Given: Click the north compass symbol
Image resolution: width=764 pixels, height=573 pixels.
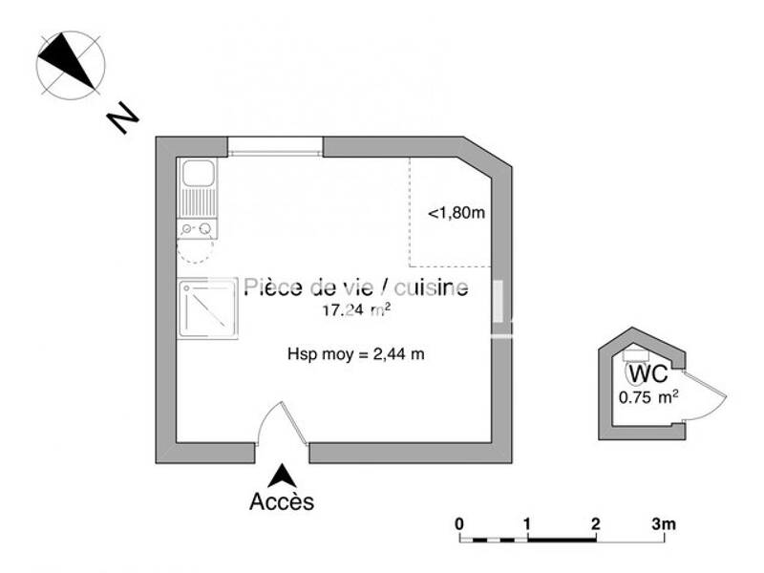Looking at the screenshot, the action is (x=71, y=65).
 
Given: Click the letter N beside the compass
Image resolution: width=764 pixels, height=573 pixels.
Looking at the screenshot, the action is (x=123, y=117).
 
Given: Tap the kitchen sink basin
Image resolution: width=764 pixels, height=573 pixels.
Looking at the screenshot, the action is (x=198, y=173).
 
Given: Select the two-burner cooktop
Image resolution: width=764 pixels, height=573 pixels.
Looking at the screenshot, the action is (x=198, y=228).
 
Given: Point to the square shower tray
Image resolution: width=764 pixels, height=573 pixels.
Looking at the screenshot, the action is (x=207, y=308).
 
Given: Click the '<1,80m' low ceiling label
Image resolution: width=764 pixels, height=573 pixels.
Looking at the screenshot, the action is (x=456, y=213).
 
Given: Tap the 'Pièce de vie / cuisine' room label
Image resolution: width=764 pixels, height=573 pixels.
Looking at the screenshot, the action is (x=356, y=286).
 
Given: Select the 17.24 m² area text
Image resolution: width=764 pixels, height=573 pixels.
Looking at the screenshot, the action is (x=356, y=309).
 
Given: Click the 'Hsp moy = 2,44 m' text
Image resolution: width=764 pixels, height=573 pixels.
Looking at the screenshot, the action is (x=355, y=353).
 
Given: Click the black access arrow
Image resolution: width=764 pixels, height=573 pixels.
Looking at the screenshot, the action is (x=282, y=476).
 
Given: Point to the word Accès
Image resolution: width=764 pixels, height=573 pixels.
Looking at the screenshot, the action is (x=282, y=500).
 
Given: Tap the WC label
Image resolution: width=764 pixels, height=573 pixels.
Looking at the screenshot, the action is (x=648, y=373).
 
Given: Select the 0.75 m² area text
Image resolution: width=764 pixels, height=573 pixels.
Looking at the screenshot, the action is (x=648, y=397).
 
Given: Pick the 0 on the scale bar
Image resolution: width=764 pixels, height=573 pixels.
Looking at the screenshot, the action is (x=459, y=524).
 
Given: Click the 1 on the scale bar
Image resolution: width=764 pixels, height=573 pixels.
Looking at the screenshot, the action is (x=527, y=524).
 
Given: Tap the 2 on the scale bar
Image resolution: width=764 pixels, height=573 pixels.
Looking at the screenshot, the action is (x=595, y=524).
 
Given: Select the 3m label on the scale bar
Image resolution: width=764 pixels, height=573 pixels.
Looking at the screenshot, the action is (x=664, y=524).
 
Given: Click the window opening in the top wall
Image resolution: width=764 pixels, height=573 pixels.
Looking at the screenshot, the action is (x=275, y=147).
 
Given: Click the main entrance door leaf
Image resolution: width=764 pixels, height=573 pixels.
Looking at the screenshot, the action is (x=294, y=423).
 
